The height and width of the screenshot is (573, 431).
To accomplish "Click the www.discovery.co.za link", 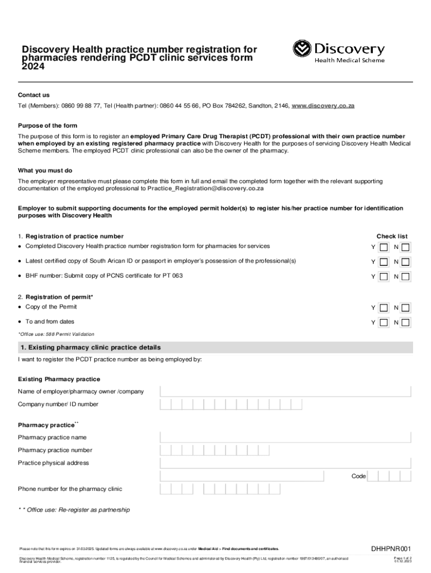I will (x=323, y=106).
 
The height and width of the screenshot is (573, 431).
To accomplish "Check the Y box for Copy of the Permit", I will (x=383, y=308).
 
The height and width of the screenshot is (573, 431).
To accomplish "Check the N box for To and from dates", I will (x=405, y=322).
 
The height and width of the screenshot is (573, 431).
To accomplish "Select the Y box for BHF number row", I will (x=383, y=276).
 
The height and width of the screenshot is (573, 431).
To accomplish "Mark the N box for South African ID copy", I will (x=405, y=262).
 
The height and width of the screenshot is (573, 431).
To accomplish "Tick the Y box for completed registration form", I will (x=383, y=247).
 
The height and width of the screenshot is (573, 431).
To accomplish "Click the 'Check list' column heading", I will (x=392, y=236).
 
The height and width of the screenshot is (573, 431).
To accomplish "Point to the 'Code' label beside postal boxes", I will (x=359, y=476).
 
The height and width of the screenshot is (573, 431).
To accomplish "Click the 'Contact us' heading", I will (x=34, y=95).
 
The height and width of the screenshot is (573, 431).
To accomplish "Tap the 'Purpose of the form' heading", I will (x=48, y=125).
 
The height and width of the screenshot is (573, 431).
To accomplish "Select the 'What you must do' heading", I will (x=45, y=170).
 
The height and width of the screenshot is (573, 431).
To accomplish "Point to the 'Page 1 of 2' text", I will (x=402, y=558).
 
